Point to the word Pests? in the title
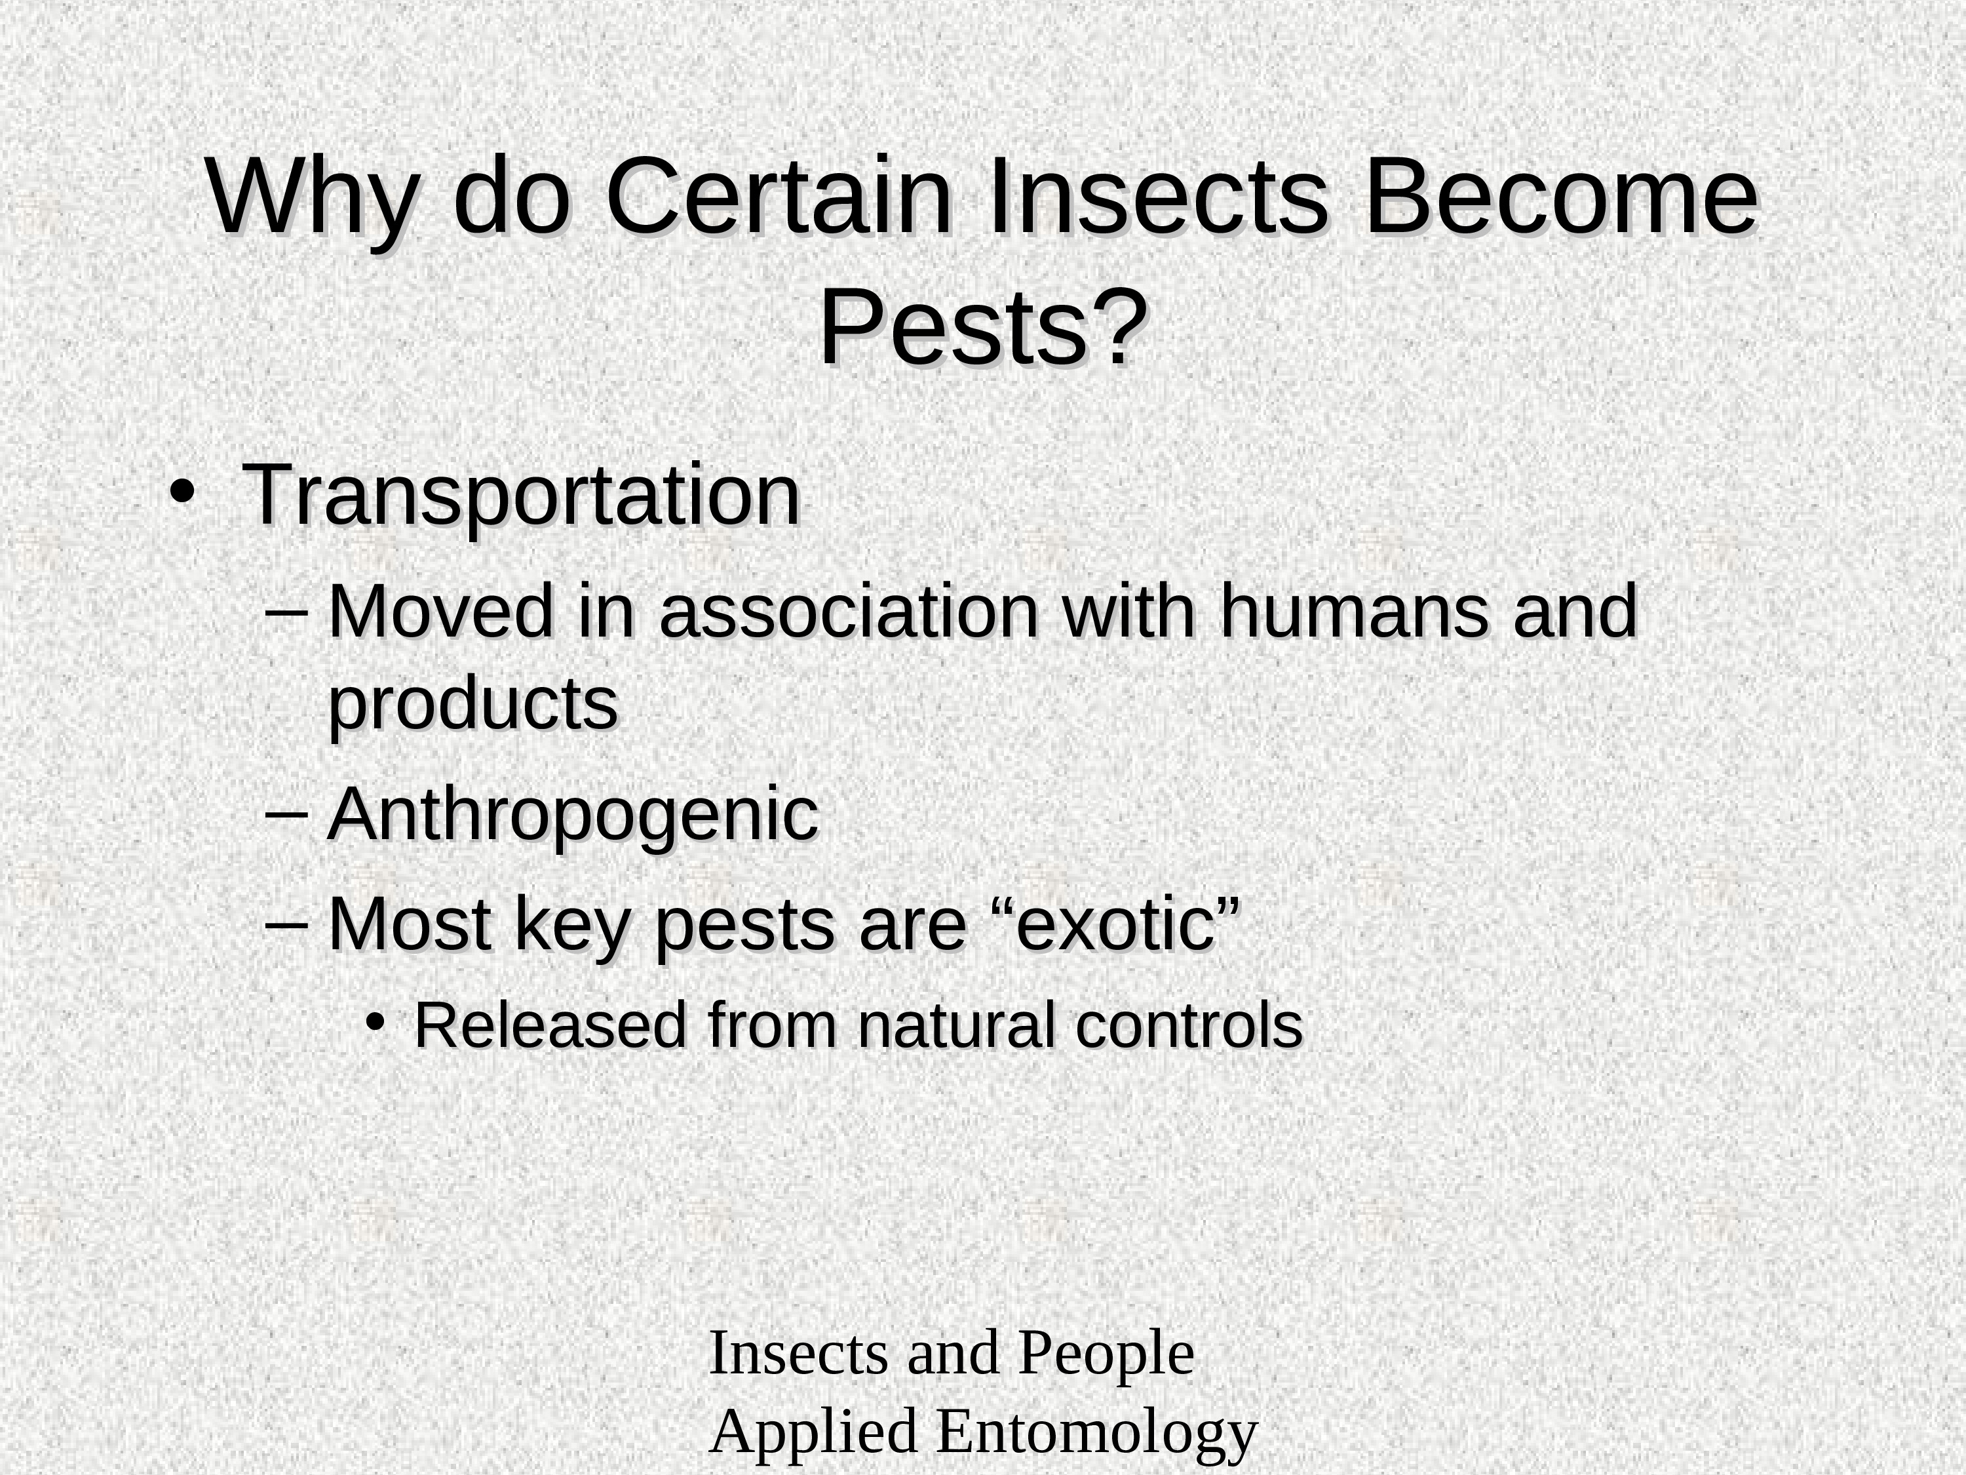point(983,328)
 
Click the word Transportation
point(522,497)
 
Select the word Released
point(551,1026)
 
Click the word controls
point(1189,1026)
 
